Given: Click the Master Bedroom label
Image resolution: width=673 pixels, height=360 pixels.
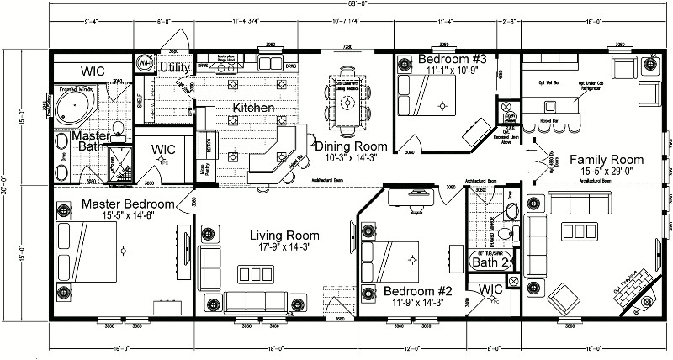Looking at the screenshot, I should pyautogui.click(x=128, y=204).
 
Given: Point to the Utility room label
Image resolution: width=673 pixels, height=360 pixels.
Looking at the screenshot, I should pyautogui.click(x=176, y=67).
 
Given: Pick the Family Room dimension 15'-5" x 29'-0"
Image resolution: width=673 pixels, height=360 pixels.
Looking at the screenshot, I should pyautogui.click(x=606, y=171).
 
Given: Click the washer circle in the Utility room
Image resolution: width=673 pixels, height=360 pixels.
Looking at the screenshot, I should pyautogui.click(x=146, y=62).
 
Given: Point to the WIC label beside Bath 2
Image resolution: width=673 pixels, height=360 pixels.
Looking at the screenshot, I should pyautogui.click(x=491, y=290).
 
